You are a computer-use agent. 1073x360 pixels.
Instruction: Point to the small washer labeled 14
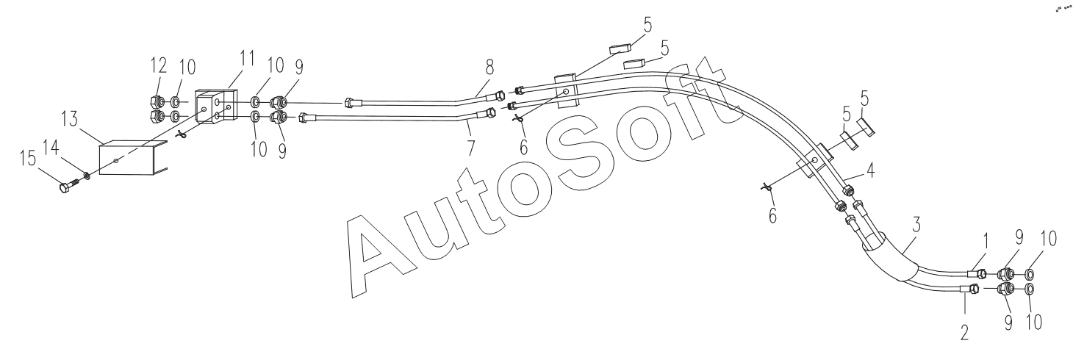pyautogui.click(x=86, y=175)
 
